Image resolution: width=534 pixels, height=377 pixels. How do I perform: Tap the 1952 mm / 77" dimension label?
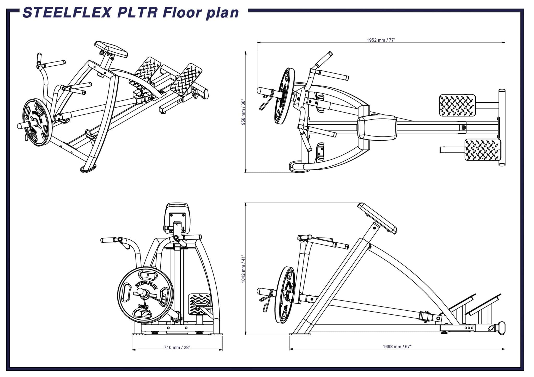[x=381, y=40]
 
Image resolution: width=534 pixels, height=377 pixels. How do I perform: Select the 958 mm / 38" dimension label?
[x=244, y=112]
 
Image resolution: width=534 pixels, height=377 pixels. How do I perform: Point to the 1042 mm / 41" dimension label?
[x=244, y=269]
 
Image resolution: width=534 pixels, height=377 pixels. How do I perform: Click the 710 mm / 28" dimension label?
[x=177, y=347]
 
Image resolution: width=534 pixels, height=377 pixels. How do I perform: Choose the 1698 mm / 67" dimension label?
[x=397, y=347]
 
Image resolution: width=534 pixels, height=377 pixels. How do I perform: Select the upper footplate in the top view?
[x=457, y=105]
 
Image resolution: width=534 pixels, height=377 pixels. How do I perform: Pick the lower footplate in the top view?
[x=483, y=150]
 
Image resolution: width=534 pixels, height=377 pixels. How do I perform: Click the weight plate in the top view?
[x=284, y=96]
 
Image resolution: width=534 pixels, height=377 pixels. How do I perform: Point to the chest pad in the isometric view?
[x=111, y=49]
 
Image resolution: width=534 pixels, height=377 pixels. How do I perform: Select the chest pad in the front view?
[x=177, y=215]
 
